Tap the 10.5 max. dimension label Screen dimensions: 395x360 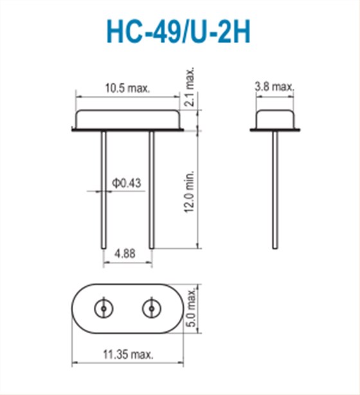[x=128, y=88]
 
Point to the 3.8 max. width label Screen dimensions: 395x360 [x=274, y=86]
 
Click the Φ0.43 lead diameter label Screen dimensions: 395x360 [x=127, y=183]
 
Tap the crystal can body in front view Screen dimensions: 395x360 [x=127, y=119]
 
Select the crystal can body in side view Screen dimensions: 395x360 [x=275, y=119]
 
